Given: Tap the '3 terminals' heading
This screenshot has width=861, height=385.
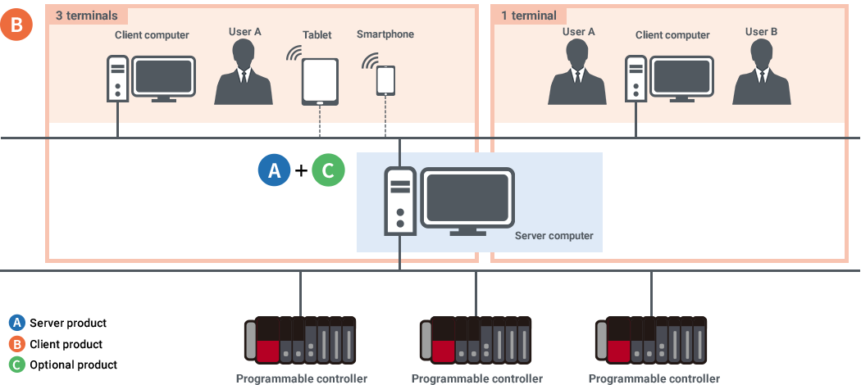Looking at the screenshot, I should point(86,15).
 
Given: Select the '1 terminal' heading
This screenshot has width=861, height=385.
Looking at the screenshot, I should point(528,15).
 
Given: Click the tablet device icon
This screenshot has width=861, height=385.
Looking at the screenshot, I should point(320,81).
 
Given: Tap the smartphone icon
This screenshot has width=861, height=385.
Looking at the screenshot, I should point(385,79).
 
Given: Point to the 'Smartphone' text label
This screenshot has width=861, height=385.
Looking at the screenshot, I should point(385,34).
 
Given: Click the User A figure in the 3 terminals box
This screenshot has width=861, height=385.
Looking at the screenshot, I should point(244,73).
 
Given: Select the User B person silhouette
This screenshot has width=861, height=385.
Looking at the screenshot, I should point(762,73).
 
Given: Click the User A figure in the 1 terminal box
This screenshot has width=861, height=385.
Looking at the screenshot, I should point(579,73).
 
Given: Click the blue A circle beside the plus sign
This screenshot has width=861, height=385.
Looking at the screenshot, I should point(275,170).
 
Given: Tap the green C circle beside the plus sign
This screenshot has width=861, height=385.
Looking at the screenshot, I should point(328,170).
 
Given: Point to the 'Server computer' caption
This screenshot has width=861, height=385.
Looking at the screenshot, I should point(553,236).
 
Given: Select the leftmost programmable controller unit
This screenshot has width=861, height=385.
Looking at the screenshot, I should point(300,340).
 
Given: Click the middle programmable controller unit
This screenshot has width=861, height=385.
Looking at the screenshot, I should point(476,340).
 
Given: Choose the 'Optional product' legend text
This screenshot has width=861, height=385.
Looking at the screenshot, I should point(73,365).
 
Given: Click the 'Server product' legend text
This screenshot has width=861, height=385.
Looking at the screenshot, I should point(68,324).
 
